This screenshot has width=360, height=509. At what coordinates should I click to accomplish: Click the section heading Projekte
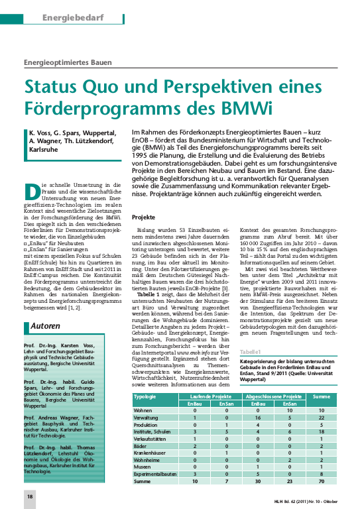pos(145,217)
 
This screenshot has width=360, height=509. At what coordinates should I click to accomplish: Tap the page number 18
pos(29,496)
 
